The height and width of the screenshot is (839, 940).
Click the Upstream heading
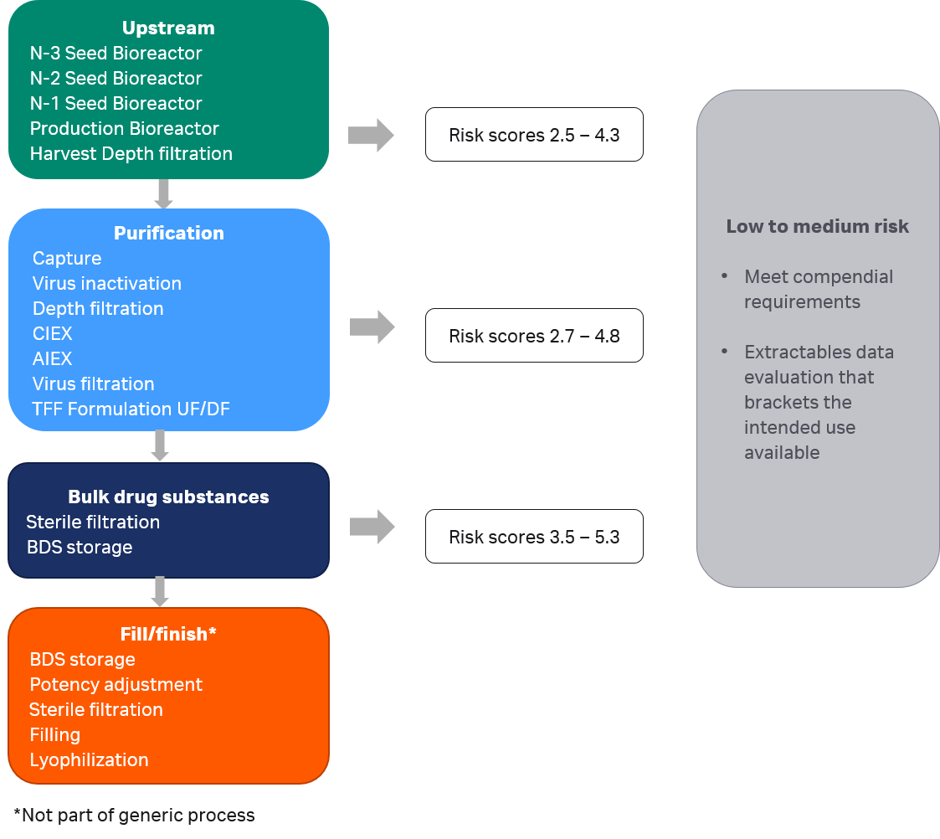pos(168,28)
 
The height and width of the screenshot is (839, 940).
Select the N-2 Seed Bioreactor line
pos(116,79)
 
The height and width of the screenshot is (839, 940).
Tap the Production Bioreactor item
pos(124,129)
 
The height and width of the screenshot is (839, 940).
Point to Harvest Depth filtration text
pos(131,154)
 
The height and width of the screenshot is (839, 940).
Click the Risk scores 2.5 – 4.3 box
pos(534,135)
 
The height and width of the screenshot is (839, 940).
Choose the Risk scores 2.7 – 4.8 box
pos(534,336)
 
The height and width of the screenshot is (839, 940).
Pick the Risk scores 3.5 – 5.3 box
pos(534,537)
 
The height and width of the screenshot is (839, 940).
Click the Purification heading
pos(168,234)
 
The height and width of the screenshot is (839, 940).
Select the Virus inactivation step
pos(106,284)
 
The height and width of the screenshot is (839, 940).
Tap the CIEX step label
pos(52,334)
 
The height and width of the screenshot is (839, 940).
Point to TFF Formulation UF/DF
pos(131,409)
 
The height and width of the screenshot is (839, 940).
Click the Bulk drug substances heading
pos(168,497)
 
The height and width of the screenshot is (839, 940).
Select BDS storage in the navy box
pos(80,548)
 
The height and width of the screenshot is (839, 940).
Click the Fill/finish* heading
pos(168,635)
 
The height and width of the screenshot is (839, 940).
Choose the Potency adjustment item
pos(116,685)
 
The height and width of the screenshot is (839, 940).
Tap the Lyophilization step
pos(89,760)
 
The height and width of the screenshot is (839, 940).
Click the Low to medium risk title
pos(817,227)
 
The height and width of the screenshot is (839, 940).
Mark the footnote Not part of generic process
pos(134,816)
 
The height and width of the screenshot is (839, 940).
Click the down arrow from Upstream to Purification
pos(163,193)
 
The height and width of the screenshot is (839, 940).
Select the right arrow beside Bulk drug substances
pos(372,527)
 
